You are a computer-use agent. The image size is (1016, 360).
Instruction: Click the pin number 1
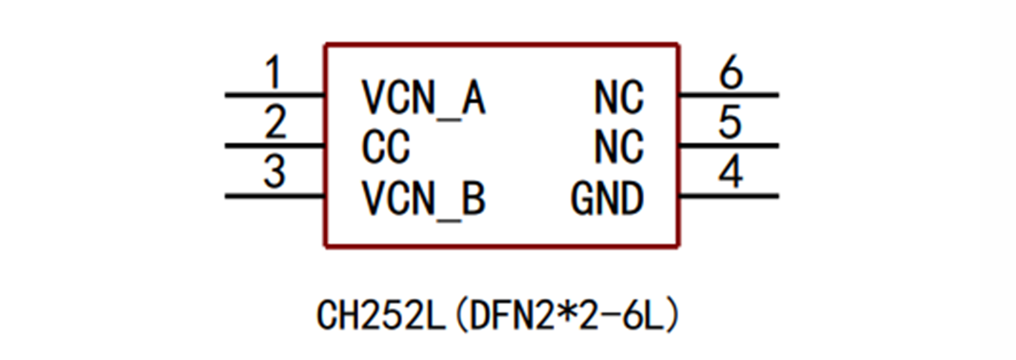click(273, 73)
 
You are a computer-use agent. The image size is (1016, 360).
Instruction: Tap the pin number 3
click(273, 174)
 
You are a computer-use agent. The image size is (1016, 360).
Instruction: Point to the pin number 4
click(731, 174)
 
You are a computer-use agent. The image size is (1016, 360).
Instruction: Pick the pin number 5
click(730, 124)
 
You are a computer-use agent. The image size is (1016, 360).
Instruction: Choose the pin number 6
click(731, 73)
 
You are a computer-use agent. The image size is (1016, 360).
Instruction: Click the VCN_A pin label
click(423, 98)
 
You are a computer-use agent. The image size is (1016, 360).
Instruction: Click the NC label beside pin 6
click(619, 98)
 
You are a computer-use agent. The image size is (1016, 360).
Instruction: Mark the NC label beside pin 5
click(619, 147)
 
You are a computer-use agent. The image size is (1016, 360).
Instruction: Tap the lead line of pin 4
click(729, 197)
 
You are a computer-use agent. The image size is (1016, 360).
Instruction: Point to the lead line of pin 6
click(729, 96)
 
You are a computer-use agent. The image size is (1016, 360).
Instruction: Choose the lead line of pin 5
click(729, 147)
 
